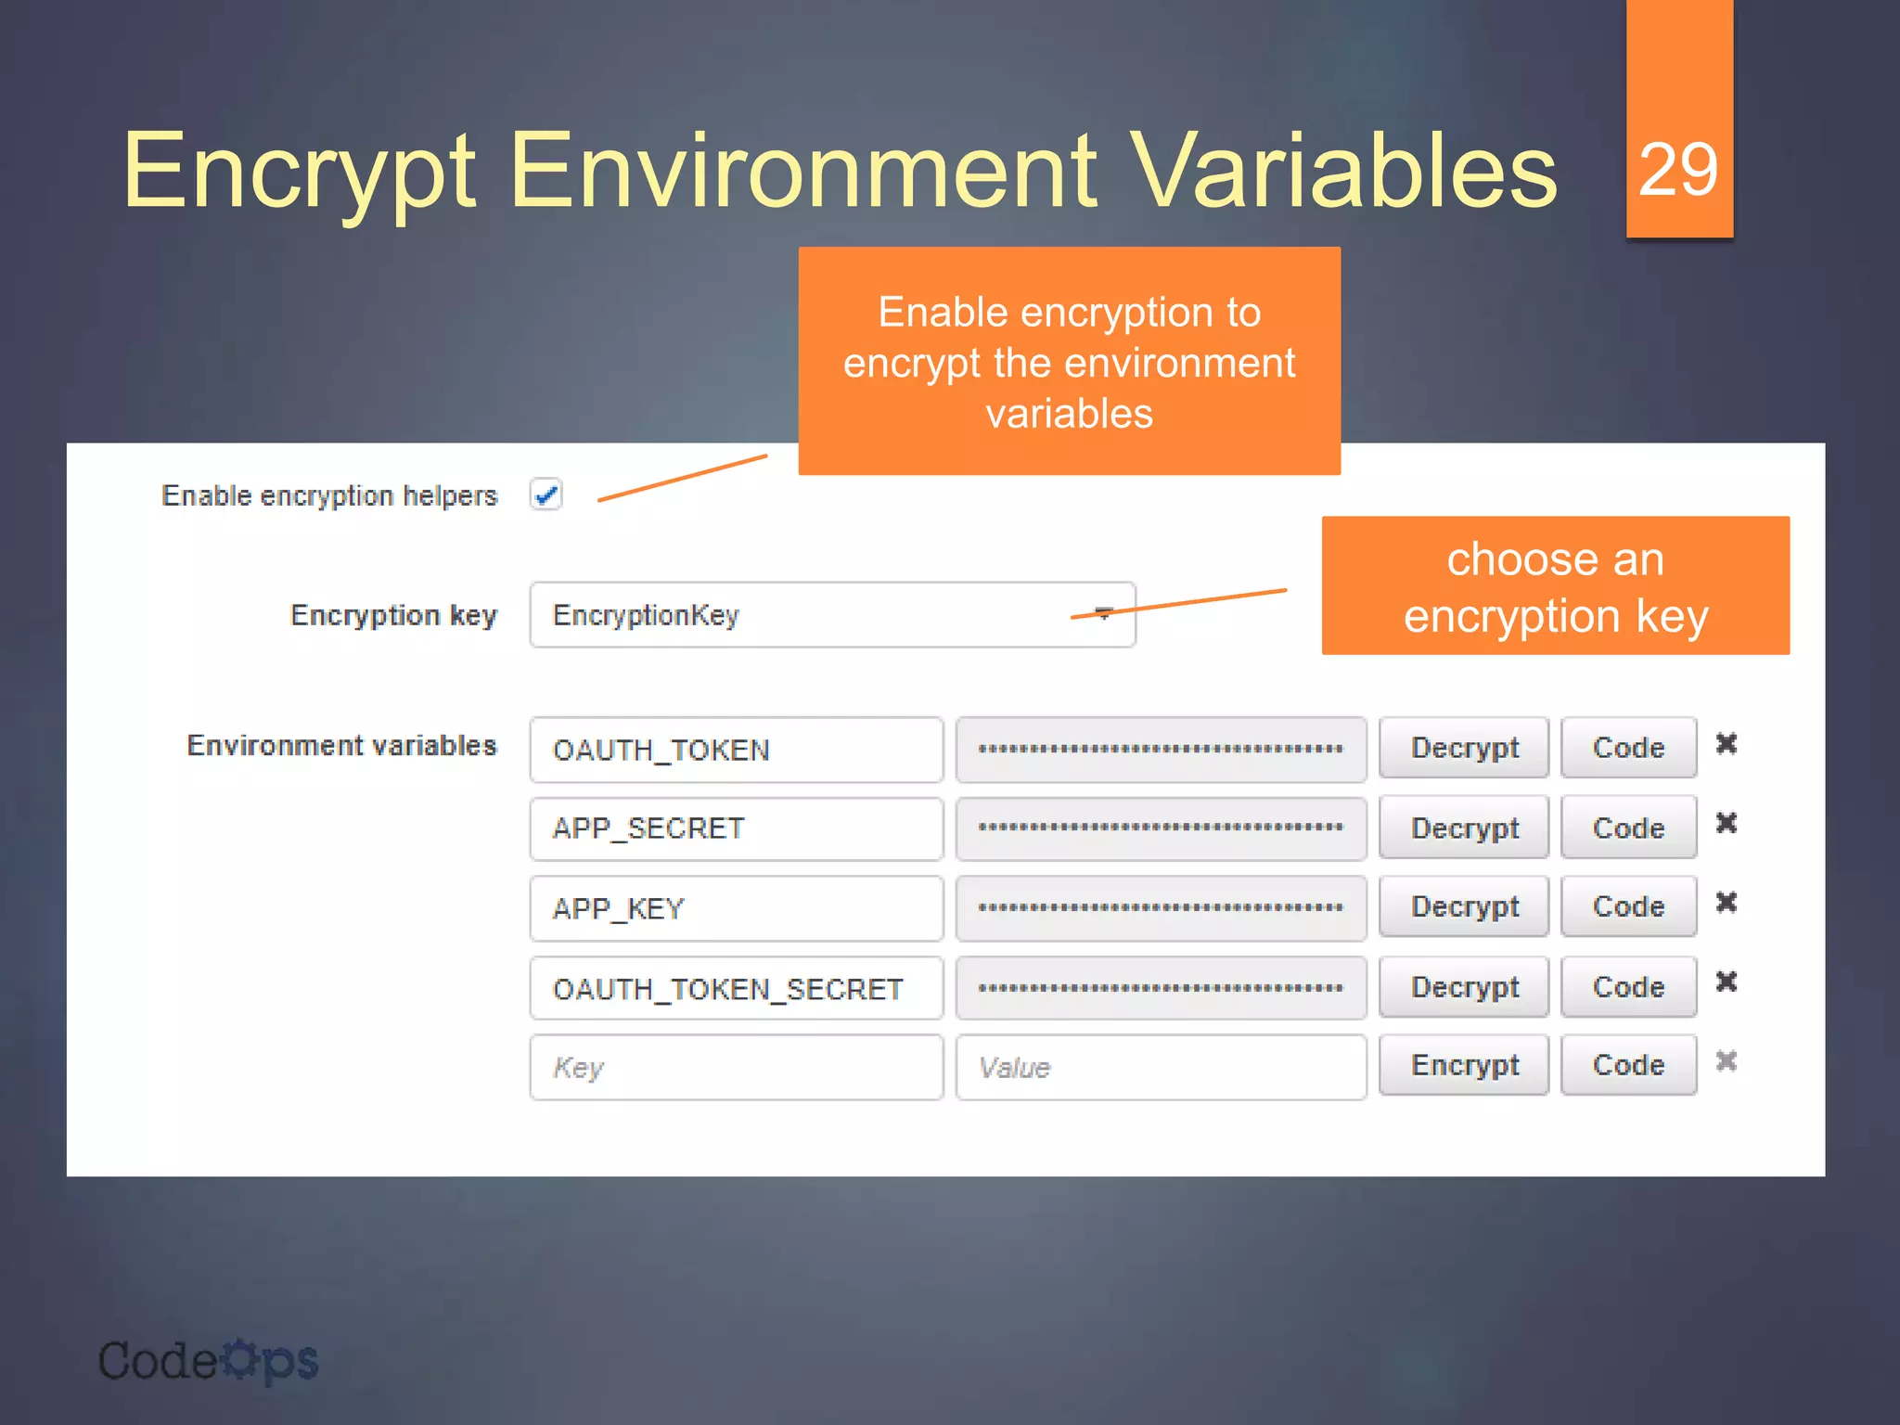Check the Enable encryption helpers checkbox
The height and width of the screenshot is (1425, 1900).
coord(546,494)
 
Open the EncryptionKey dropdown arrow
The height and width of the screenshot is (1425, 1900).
coord(1103,613)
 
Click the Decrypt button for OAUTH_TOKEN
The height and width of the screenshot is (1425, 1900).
coord(1463,748)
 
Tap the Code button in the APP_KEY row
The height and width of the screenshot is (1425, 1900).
coord(1627,906)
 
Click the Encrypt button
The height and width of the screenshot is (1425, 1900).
coord(1463,1065)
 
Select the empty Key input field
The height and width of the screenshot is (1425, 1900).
coord(736,1067)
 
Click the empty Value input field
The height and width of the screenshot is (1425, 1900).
coord(1160,1067)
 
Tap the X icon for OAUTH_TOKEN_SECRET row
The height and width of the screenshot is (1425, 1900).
coord(1726,982)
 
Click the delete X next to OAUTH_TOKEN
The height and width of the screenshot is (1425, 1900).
coord(1726,743)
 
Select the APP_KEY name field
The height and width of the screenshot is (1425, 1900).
coord(736,908)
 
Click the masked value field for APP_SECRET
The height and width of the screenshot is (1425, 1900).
coord(1160,828)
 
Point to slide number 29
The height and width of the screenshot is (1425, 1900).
coord(1678,170)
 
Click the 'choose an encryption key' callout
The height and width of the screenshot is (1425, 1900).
coord(1555,586)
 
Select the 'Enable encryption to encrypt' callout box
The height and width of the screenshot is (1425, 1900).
coord(1069,362)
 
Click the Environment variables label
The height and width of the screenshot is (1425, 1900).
coord(341,746)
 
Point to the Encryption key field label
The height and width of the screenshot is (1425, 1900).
coord(393,615)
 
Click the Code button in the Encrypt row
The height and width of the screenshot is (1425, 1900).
coord(1627,1065)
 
